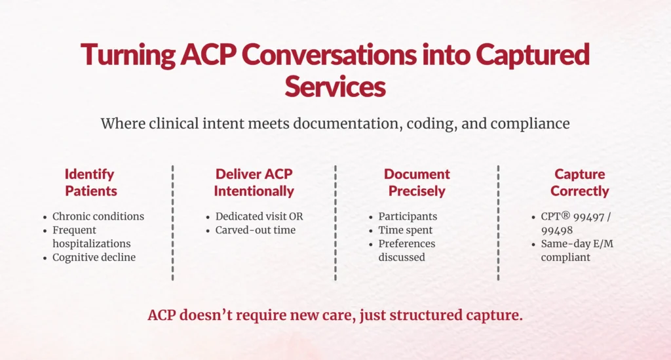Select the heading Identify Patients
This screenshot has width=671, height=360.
click(x=90, y=183)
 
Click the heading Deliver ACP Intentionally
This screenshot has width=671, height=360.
click(x=254, y=183)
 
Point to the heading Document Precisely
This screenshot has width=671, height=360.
click(x=417, y=183)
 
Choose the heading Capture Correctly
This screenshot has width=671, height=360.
click(x=579, y=183)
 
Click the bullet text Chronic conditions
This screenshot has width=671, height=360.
click(x=98, y=216)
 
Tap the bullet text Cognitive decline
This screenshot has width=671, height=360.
click(x=94, y=257)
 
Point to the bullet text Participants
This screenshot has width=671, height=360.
click(x=407, y=216)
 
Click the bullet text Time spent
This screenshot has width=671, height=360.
click(x=405, y=230)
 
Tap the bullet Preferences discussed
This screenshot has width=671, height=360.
click(x=406, y=250)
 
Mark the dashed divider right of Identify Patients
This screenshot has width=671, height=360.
click(x=172, y=223)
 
